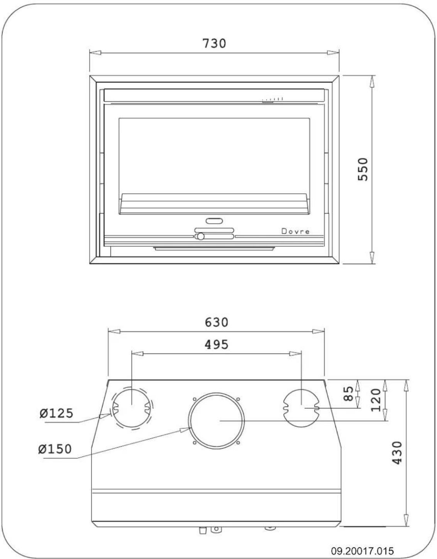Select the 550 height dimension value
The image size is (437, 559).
click(x=363, y=169)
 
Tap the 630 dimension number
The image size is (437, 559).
click(x=216, y=322)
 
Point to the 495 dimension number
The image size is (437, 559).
click(x=216, y=344)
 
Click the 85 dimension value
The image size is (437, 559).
click(x=349, y=394)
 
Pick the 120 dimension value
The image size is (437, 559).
click(x=376, y=400)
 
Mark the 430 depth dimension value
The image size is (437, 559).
click(x=397, y=453)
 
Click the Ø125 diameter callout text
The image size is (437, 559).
click(x=56, y=413)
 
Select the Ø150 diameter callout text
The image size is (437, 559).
click(x=55, y=449)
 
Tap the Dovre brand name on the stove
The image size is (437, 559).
click(x=295, y=231)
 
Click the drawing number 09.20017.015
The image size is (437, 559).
click(x=362, y=549)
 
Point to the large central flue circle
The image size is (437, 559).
click(x=217, y=420)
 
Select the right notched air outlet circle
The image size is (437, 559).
click(x=301, y=407)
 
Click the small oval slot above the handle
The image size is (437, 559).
click(x=214, y=221)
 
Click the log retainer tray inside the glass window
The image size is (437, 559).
click(x=214, y=204)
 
